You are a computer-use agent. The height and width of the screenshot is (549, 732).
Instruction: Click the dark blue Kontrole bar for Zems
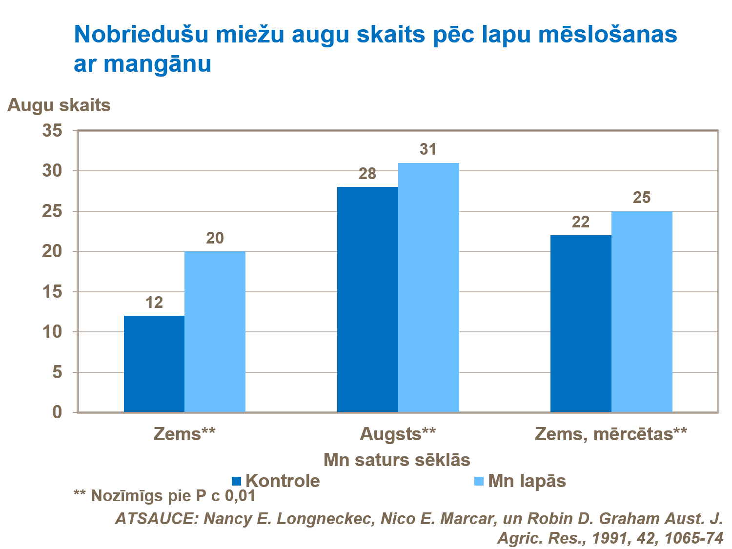point(154,364)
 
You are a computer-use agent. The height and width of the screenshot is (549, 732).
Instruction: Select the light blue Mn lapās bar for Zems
point(215,332)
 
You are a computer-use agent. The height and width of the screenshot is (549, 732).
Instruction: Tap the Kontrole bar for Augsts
point(367,300)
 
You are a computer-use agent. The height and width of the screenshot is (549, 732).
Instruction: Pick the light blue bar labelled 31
point(428,287)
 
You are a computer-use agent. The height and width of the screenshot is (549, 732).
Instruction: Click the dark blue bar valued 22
point(581,324)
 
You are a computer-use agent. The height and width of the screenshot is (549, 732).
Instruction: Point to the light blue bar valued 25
point(642,312)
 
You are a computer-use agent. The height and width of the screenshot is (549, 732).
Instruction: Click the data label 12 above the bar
point(154,303)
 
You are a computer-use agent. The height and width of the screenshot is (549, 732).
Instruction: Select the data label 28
point(367,174)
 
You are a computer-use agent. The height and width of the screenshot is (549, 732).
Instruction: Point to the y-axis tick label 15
point(53,292)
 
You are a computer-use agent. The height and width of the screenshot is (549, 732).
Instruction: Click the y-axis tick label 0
point(58,412)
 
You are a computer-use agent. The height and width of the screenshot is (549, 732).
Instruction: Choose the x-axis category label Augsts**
point(397,434)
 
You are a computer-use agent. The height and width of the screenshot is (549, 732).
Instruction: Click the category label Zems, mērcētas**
point(611,434)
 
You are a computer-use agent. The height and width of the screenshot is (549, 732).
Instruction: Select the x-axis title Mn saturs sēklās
point(397,460)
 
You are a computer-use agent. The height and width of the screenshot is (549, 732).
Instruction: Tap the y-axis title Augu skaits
point(59,105)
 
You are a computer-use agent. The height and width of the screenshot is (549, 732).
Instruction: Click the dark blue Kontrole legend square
point(237,481)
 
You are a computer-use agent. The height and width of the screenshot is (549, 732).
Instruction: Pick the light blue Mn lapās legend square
point(479,481)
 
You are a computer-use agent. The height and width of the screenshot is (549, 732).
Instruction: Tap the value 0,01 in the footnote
point(240,496)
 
